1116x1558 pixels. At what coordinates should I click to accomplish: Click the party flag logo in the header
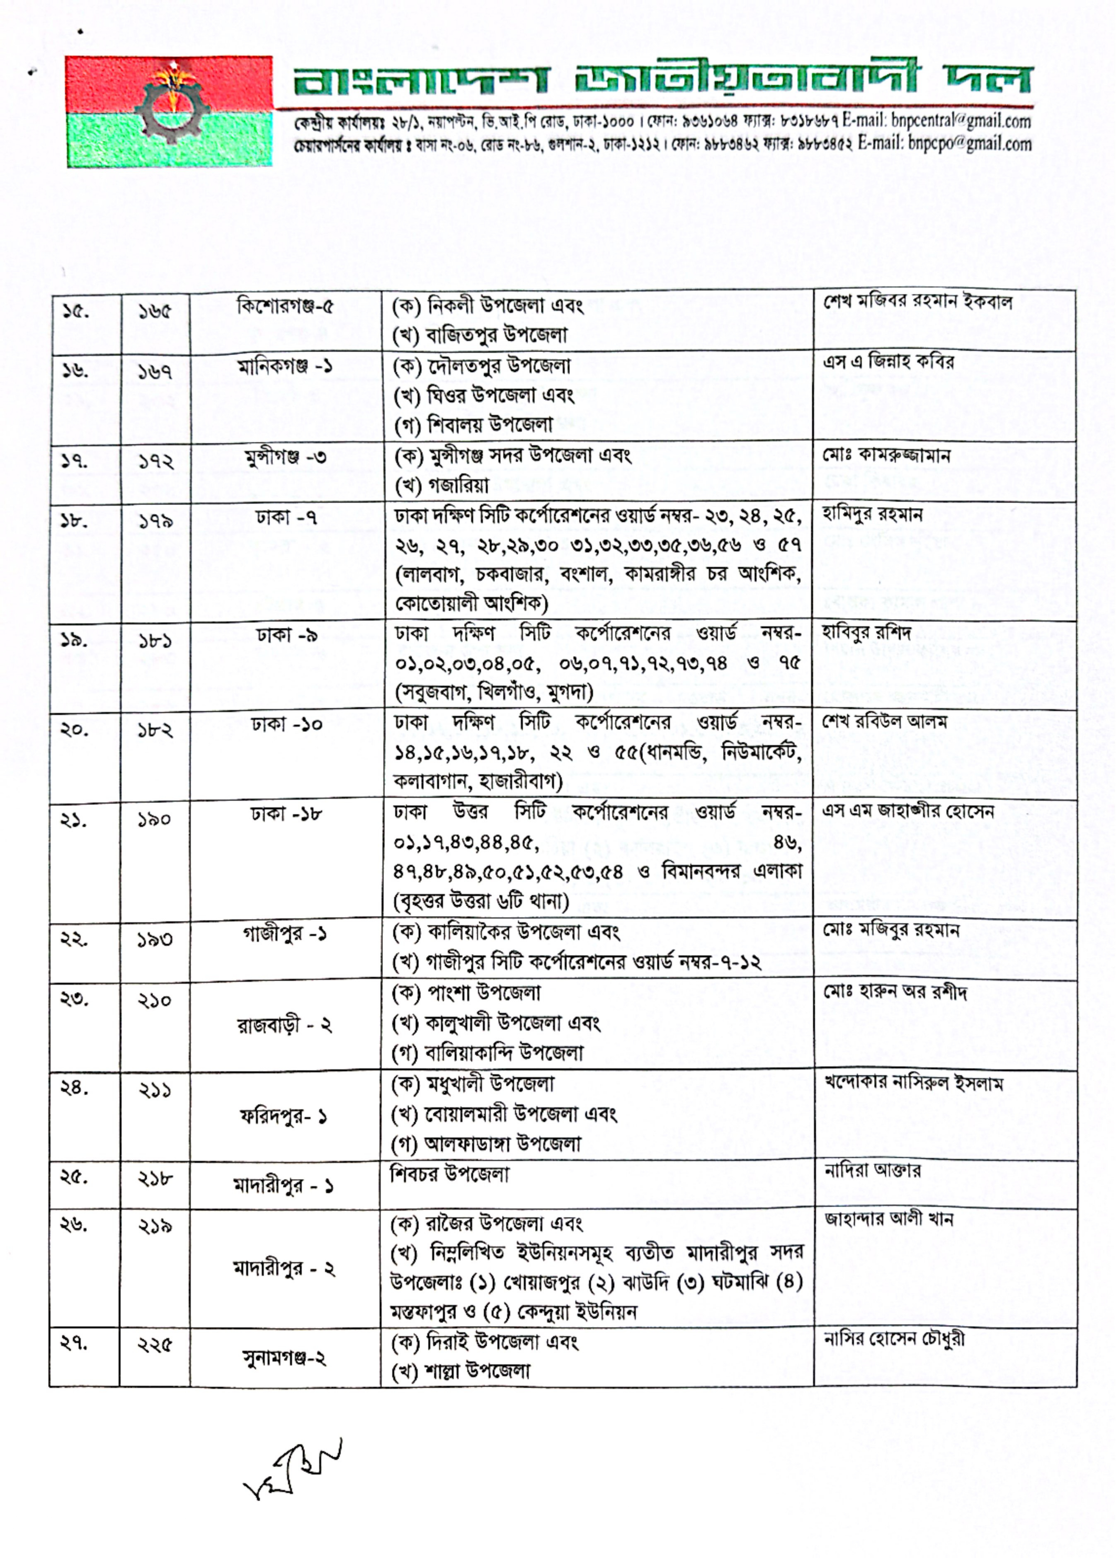coord(169,111)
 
